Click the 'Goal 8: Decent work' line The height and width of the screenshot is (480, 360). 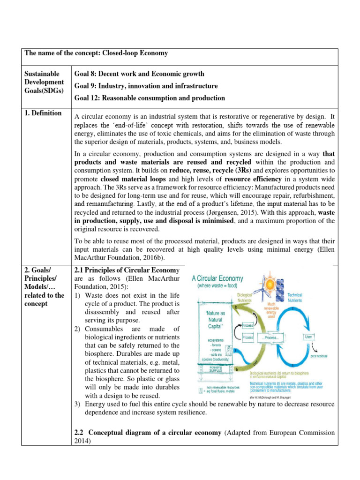[x=139, y=74]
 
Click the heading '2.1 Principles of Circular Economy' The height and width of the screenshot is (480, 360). [x=127, y=270]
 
